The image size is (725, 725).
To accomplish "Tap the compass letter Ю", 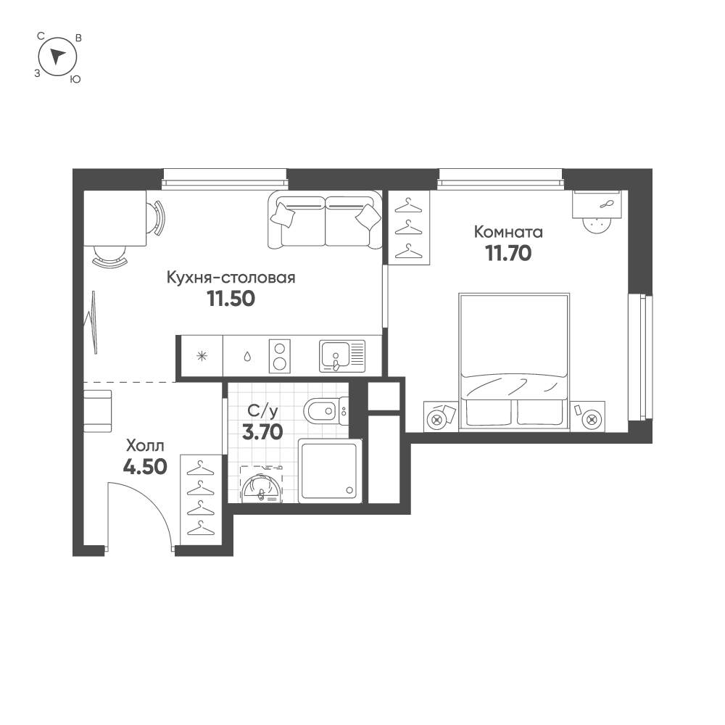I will pyautogui.click(x=75, y=80).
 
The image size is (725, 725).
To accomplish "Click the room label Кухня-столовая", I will pyautogui.click(x=231, y=277).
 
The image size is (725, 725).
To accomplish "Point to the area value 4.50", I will pyautogui.click(x=145, y=466).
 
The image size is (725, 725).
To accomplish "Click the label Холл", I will pyautogui.click(x=146, y=444).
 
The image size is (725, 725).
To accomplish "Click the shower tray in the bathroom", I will pyautogui.click(x=329, y=471).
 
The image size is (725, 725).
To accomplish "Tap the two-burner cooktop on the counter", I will pyautogui.click(x=280, y=355).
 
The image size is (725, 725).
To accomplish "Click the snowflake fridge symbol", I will pyautogui.click(x=202, y=356).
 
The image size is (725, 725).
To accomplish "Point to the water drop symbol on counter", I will pyautogui.click(x=247, y=356).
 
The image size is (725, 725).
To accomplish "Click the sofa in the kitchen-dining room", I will pyautogui.click(x=325, y=220).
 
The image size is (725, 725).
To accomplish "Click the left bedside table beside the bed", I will pyautogui.click(x=440, y=417).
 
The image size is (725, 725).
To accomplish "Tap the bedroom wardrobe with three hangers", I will pyautogui.click(x=410, y=227).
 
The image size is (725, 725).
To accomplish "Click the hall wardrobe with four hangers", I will pyautogui.click(x=199, y=497).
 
